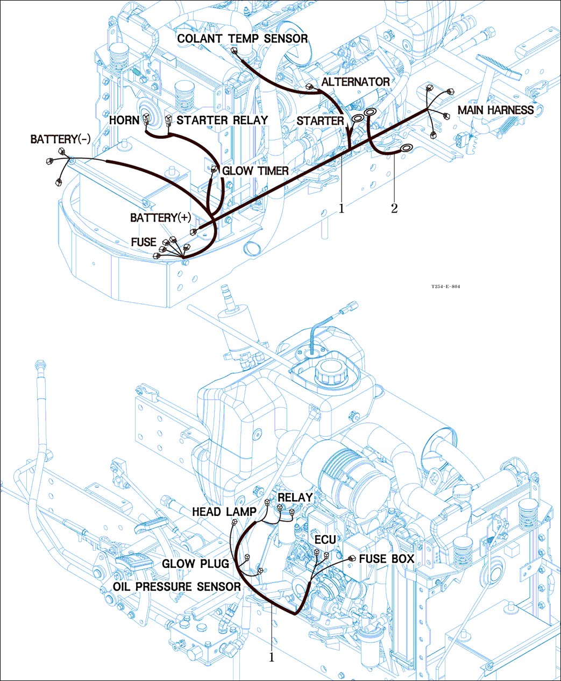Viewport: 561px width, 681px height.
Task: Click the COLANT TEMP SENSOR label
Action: pyautogui.click(x=242, y=39)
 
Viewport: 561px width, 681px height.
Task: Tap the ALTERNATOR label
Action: pyautogui.click(x=356, y=82)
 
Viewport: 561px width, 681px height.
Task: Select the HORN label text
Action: pyautogui.click(x=124, y=120)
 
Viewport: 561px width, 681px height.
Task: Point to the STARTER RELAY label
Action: pyautogui.click(x=222, y=120)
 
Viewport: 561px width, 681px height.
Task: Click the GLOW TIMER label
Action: pyautogui.click(x=255, y=171)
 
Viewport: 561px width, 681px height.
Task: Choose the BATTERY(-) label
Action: pyautogui.click(x=60, y=139)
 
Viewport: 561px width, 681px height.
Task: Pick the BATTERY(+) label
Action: pyautogui.click(x=161, y=218)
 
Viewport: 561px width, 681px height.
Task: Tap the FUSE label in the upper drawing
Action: pyautogui.click(x=144, y=243)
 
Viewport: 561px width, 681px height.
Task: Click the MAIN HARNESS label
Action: pyautogui.click(x=495, y=110)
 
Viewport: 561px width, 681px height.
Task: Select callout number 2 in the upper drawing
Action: pyautogui.click(x=394, y=209)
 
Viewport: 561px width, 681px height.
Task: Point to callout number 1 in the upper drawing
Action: pyautogui.click(x=341, y=209)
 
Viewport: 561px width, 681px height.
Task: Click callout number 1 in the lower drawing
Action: pyautogui.click(x=272, y=657)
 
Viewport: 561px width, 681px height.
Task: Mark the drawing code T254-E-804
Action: pyautogui.click(x=445, y=287)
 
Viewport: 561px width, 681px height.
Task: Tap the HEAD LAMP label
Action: pyautogui.click(x=224, y=512)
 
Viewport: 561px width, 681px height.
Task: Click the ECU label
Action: pyautogui.click(x=325, y=540)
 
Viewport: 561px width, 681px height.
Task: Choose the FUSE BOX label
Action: pyautogui.click(x=387, y=559)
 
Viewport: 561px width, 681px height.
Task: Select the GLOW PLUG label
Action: pyautogui.click(x=196, y=564)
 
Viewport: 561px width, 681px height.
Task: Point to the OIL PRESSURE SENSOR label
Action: pyautogui.click(x=177, y=586)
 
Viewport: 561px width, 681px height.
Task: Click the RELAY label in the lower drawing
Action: pyautogui.click(x=295, y=498)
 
